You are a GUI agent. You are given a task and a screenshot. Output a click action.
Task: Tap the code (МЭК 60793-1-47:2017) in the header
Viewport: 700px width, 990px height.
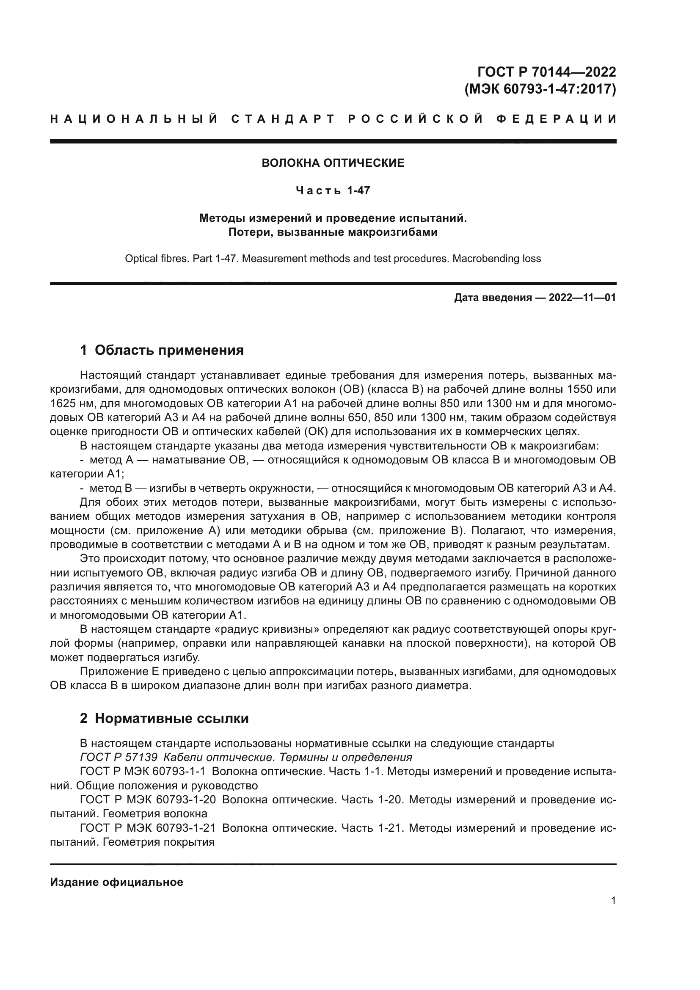coord(540,89)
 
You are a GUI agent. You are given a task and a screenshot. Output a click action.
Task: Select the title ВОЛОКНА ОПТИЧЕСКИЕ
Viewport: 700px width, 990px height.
coord(333,163)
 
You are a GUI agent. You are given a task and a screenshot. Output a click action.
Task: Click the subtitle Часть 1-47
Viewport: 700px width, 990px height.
coord(333,190)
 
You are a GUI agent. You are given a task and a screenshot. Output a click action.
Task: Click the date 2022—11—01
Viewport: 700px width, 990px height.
coord(582,298)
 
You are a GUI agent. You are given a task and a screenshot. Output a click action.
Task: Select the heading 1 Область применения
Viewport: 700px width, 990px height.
coord(162,350)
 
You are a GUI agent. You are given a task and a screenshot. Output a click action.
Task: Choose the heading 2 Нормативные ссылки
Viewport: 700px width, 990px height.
coord(164,718)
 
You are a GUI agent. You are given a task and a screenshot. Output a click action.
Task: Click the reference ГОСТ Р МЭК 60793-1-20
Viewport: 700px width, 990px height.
coord(148,800)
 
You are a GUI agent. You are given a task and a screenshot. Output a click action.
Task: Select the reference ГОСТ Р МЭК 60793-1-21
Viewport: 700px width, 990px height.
coord(148,828)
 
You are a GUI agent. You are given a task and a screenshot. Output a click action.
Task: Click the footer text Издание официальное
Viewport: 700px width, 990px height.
coord(116,882)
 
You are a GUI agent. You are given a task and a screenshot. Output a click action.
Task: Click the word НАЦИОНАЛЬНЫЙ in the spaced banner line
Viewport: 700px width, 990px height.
coord(134,119)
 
